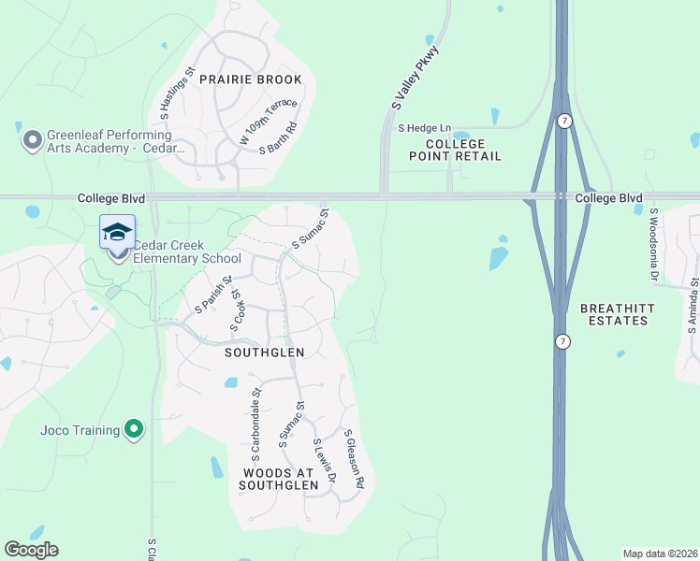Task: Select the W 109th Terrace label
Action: click(269, 121)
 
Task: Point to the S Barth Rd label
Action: click(279, 141)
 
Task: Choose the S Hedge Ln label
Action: click(424, 128)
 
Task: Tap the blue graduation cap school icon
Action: click(117, 232)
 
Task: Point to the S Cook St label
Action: click(238, 309)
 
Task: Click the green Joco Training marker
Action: click(134, 430)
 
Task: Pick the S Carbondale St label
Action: click(255, 414)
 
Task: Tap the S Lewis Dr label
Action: click(325, 462)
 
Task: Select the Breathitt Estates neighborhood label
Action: click(614, 314)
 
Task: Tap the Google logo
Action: click(31, 550)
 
